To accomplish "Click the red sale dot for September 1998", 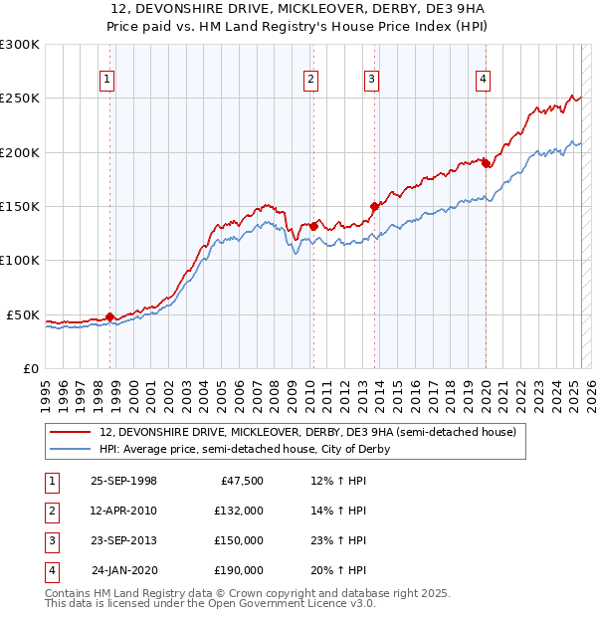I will click(110, 316).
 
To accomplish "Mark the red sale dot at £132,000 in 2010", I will click(313, 226).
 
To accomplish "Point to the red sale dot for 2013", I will click(375, 206).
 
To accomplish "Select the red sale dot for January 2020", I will click(486, 163).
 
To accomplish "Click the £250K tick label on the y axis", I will click(20, 99).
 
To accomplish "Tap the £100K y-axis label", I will click(20, 260).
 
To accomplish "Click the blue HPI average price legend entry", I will click(244, 449).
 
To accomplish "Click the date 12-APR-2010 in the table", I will click(124, 511).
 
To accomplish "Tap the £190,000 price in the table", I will click(238, 570).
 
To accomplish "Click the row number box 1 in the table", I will click(50, 481).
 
